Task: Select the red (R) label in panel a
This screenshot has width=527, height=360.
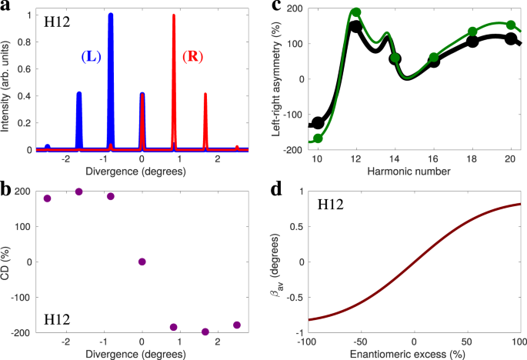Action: pyautogui.click(x=192, y=57)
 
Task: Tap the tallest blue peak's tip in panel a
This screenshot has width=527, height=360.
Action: pyautogui.click(x=111, y=15)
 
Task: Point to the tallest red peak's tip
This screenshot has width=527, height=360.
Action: pyautogui.click(x=174, y=15)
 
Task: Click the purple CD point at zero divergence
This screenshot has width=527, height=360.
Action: pyautogui.click(x=142, y=262)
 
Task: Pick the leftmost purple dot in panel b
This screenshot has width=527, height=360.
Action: pyautogui.click(x=48, y=198)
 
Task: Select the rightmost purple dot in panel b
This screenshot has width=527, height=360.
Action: pyautogui.click(x=237, y=325)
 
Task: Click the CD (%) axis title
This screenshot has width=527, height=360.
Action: pyautogui.click(x=7, y=262)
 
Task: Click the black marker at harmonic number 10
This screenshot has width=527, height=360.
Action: pyautogui.click(x=318, y=122)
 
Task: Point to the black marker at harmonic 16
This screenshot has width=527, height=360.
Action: pyautogui.click(x=434, y=62)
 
